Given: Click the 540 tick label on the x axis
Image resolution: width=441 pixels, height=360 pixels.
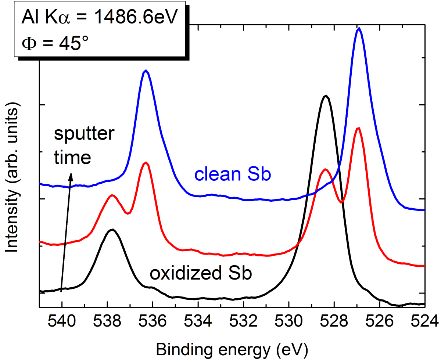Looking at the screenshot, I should pyautogui.click(x=62, y=320).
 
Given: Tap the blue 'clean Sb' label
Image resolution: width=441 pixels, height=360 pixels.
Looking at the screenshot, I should pyautogui.click(x=233, y=175).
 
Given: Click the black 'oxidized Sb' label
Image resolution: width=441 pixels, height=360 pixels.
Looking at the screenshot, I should pyautogui.click(x=200, y=274).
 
